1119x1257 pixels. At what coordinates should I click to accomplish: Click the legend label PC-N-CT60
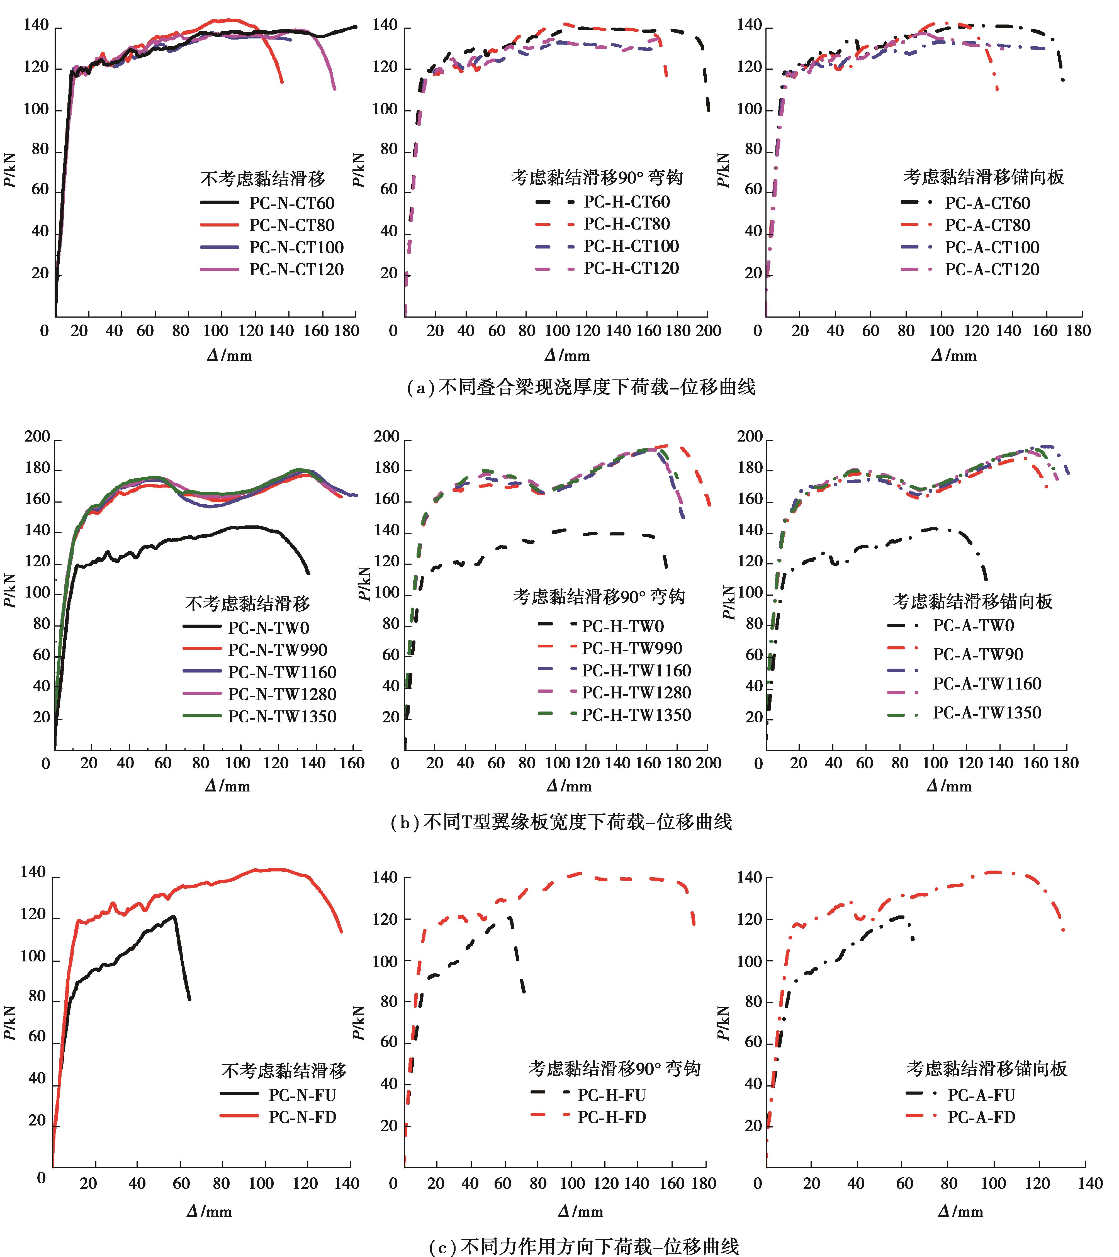pos(292,203)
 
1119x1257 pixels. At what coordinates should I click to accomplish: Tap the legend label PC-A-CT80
pos(987,225)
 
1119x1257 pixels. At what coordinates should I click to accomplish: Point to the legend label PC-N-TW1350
pos(282,717)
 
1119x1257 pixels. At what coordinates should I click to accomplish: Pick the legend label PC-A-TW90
pos(977,654)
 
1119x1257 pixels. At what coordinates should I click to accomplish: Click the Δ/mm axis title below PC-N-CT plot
pos(229,355)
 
